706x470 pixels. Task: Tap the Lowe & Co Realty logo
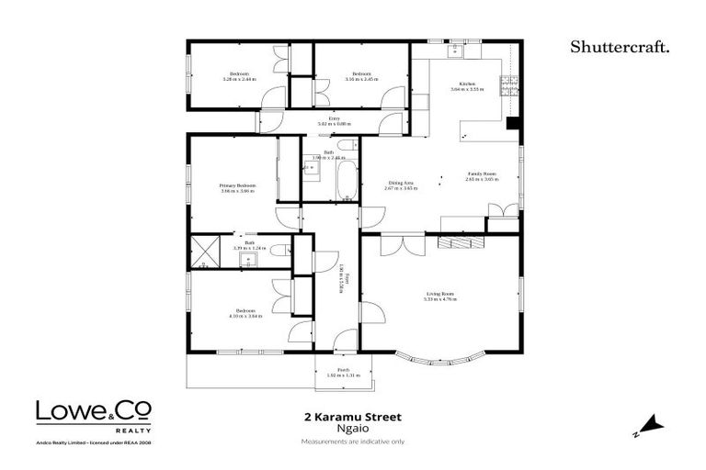94,414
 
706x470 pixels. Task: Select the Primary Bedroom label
237,187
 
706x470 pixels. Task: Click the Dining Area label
400,185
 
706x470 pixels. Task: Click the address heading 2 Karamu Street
352,416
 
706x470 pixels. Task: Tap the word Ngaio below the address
352,429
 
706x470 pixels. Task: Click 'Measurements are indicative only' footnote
352,442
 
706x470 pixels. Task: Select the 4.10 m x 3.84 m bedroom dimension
246,317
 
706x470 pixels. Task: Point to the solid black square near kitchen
514,123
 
